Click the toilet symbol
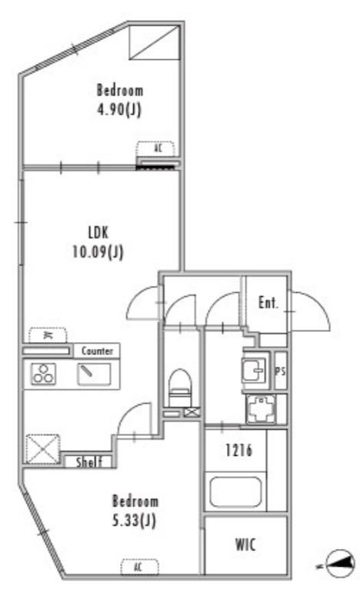pos(181,387)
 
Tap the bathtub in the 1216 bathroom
pos(235,492)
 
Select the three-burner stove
pos(43,374)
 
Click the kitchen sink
pos(94,374)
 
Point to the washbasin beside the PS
pos(256,370)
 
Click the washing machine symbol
pos(261,409)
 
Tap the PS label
pos(280,371)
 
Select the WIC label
pos(245,544)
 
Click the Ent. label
pos(268,302)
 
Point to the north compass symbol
pos(339,563)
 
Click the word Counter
pos(98,351)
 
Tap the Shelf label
pos(89,462)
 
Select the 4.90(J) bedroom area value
pos(119,109)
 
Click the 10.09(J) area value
pos(98,251)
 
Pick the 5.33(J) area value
pos(135,520)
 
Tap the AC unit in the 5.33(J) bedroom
pos(139,567)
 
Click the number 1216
pos(239,450)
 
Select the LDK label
pos(98,232)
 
